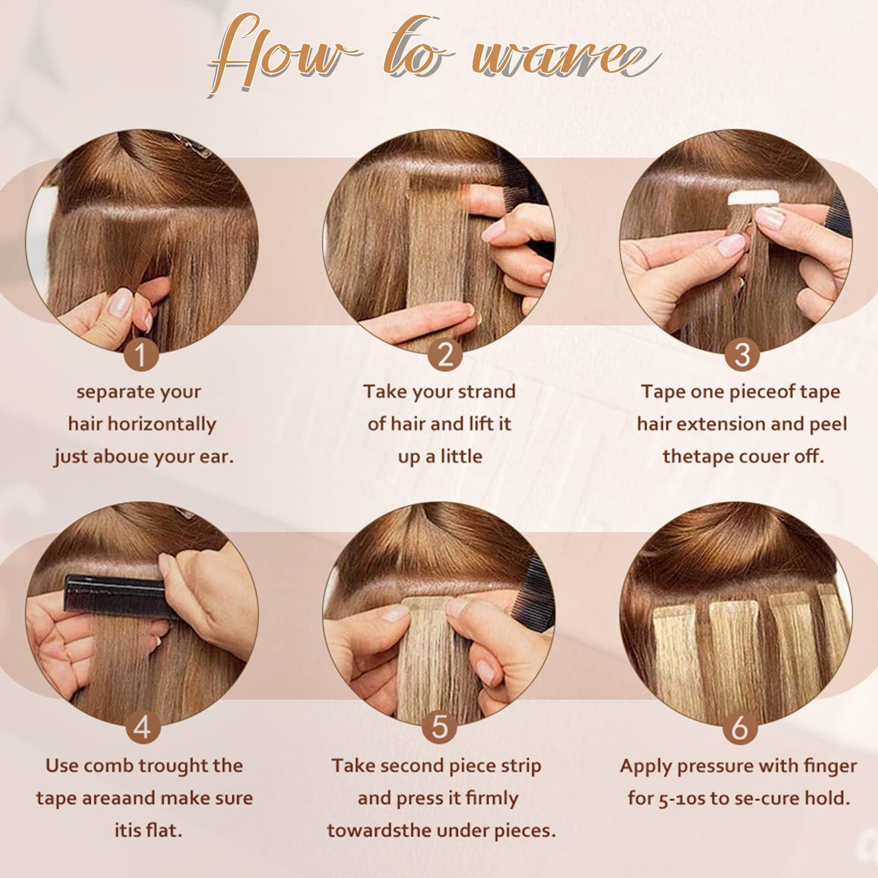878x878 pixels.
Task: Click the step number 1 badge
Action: tap(141, 355)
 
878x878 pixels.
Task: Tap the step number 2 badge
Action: tap(444, 355)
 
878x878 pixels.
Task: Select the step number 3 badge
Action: tap(741, 355)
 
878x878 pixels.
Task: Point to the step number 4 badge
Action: tap(143, 727)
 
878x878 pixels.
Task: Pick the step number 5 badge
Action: tap(439, 727)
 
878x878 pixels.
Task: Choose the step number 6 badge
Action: tap(739, 727)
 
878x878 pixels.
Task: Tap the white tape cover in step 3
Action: tap(753, 198)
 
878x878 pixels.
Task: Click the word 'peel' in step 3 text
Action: tap(828, 424)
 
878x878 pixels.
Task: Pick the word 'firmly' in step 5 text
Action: tap(492, 798)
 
